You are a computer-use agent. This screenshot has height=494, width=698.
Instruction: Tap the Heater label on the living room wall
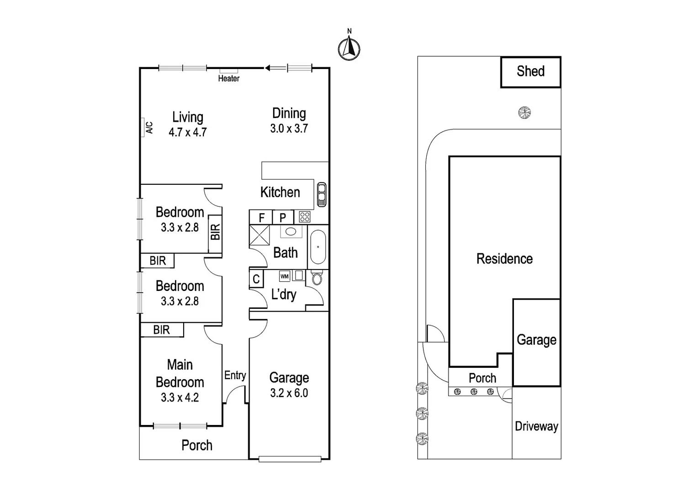click(x=228, y=78)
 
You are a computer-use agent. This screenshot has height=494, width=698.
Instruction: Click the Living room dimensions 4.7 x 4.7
click(x=188, y=132)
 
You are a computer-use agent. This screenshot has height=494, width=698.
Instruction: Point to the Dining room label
click(x=289, y=113)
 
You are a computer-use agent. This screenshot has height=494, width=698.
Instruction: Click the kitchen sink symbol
click(x=321, y=195)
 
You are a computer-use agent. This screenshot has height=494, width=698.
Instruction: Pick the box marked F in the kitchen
click(x=261, y=217)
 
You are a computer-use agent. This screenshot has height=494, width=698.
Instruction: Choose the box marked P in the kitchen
click(x=283, y=217)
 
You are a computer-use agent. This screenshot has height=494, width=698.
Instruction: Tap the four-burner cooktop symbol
click(x=305, y=217)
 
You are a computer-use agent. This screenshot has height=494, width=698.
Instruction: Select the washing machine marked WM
click(x=285, y=276)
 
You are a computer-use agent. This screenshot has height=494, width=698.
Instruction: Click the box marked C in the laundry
click(x=256, y=279)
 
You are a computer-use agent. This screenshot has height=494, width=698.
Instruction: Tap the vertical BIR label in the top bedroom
click(x=215, y=231)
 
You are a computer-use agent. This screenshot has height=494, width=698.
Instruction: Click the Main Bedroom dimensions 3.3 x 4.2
click(x=180, y=397)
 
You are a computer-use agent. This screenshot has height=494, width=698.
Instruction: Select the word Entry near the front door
click(x=235, y=375)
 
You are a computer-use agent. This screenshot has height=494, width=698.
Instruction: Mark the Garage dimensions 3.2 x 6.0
click(x=289, y=393)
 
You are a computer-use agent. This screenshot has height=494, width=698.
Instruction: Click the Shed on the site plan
click(x=530, y=72)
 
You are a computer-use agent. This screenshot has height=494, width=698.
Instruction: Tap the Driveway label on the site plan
click(x=536, y=426)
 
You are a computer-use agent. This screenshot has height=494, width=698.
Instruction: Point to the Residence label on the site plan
click(x=504, y=259)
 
